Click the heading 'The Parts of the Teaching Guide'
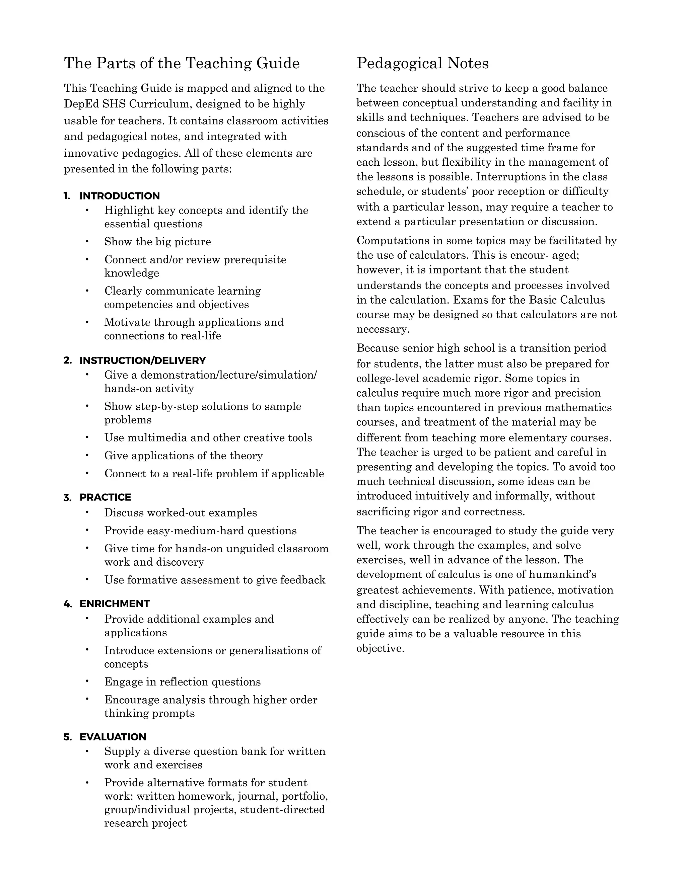point(182,63)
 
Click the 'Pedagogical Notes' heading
point(422,63)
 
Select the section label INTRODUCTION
point(120,196)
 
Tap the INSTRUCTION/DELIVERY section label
point(142,360)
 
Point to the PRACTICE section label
point(105,497)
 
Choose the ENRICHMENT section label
point(115,603)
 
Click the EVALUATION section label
point(113,737)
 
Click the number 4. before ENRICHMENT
point(67,603)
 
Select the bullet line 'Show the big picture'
point(158,242)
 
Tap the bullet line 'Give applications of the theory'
point(183,455)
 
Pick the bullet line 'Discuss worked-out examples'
point(181,512)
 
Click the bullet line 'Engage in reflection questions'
point(183,681)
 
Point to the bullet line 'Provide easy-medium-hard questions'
point(200,531)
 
